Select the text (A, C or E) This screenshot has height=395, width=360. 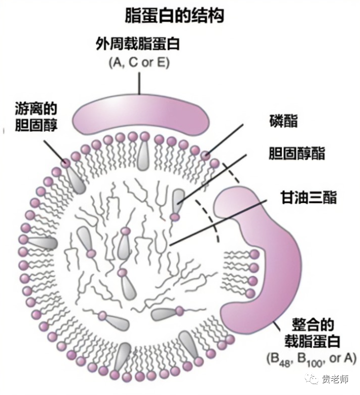(139, 63)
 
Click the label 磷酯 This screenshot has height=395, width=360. (283, 121)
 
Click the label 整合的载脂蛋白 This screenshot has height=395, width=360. (309, 333)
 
